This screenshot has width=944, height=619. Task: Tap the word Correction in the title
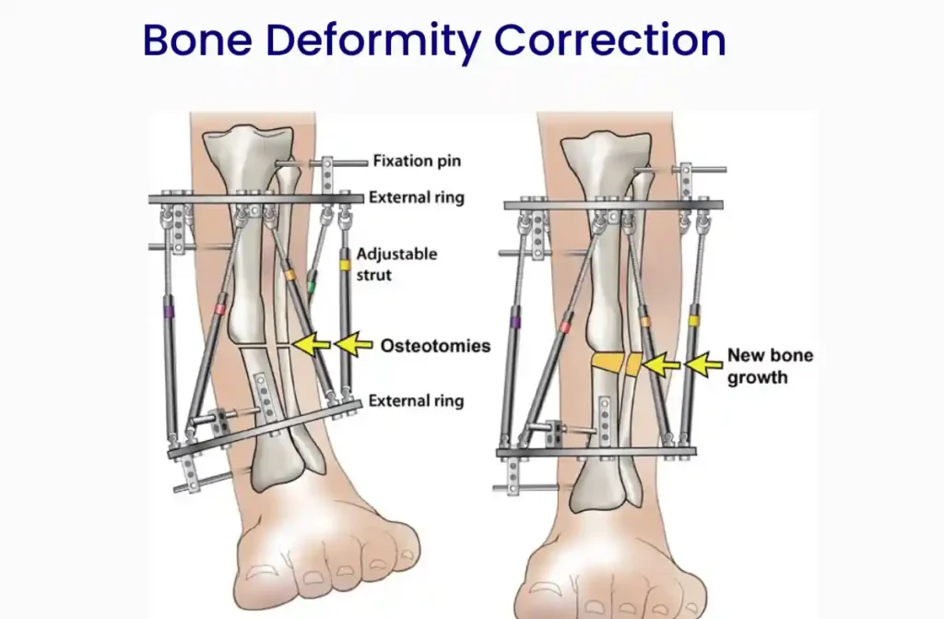click(610, 41)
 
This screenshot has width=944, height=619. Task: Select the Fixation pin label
click(417, 161)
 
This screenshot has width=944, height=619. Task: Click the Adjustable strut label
click(396, 264)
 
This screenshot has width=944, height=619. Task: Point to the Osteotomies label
click(435, 346)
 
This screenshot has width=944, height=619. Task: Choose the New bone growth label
click(770, 366)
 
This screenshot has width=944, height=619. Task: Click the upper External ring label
click(417, 197)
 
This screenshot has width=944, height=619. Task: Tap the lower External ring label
click(416, 400)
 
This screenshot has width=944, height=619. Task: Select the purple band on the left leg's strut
click(169, 312)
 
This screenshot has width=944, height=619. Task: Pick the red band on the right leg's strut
click(565, 327)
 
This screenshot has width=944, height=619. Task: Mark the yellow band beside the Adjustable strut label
click(345, 264)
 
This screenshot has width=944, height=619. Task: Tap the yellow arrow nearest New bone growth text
click(703, 364)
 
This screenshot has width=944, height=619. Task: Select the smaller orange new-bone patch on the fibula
click(633, 364)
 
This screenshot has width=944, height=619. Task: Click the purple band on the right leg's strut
click(514, 323)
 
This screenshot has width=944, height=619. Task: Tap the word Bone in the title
click(197, 41)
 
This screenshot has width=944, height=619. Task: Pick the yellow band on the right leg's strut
click(694, 321)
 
